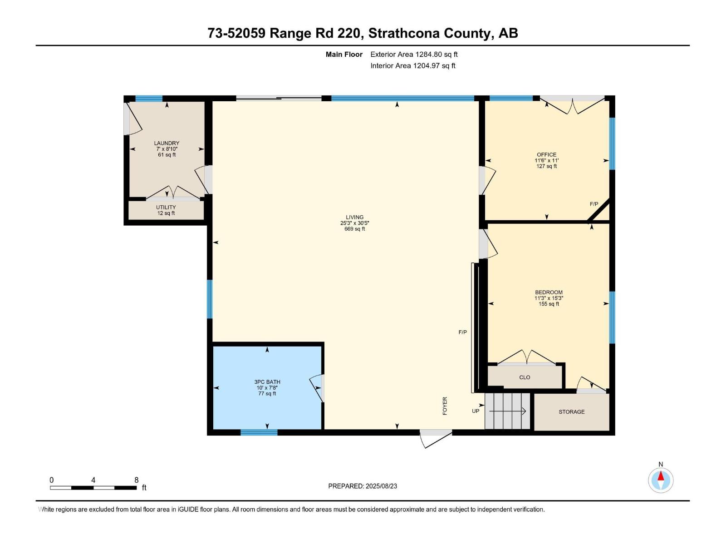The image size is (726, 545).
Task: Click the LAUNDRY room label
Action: pos(167,143)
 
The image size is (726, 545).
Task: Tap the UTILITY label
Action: pos(166,208)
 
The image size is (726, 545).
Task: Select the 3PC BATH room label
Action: pos(267,382)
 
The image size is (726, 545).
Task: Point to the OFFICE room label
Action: pos(546,154)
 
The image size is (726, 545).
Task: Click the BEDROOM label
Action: pos(549,292)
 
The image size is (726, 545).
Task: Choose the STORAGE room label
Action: pos(572,411)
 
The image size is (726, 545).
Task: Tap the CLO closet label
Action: pos(525,377)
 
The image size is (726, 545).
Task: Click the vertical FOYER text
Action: pos(445,406)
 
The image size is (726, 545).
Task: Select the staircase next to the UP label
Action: pos(507,411)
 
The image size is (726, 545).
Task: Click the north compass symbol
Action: pos(661,480)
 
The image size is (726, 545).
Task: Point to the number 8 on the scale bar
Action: pos(136,480)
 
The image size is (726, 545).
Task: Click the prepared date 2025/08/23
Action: pos(381,486)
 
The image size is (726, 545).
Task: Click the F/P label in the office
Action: pos(594,204)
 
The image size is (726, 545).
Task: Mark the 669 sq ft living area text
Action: pos(354,228)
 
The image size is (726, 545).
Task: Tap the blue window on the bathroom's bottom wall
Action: pos(259,432)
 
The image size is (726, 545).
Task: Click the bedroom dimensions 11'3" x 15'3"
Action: pos(549,298)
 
